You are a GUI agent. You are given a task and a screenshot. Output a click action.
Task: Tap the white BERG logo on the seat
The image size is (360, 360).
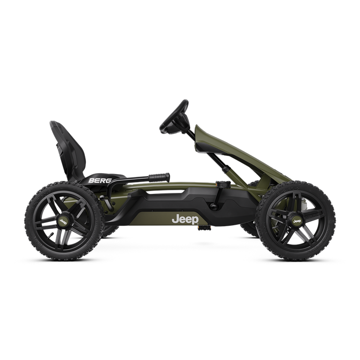click(100, 180)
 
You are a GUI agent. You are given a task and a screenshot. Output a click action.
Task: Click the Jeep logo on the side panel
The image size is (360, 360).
click(185, 220)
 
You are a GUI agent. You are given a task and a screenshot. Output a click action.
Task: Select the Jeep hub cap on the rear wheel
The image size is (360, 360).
click(63, 222)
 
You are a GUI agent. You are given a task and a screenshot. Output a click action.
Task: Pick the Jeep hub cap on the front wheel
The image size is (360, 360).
click(297, 221)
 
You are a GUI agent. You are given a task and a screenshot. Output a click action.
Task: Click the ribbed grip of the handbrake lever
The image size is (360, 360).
click(159, 177)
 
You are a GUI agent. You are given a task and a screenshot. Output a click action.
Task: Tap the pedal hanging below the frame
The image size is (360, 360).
click(204, 228)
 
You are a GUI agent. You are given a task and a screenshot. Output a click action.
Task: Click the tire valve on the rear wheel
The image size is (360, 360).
click(52, 235)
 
